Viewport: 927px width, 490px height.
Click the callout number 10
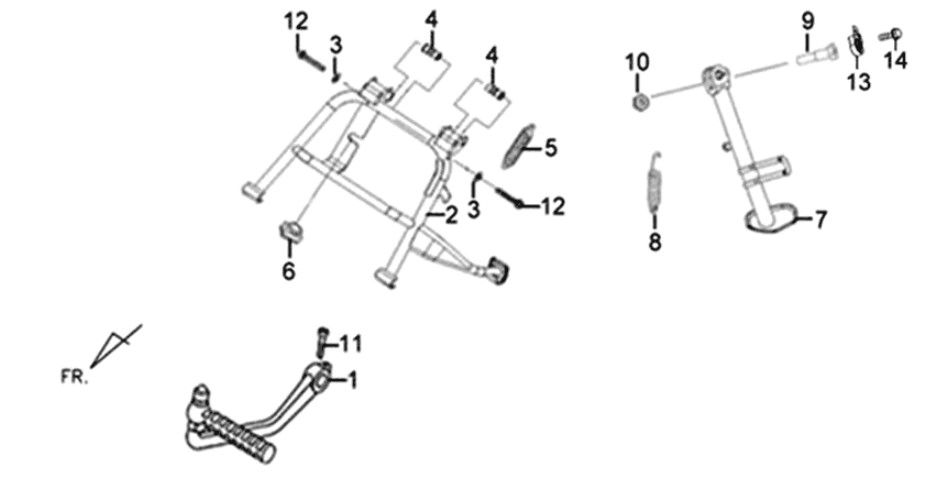[x=637, y=62]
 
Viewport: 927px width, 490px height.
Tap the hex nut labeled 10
[x=641, y=101]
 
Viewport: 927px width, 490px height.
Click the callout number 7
[x=820, y=220]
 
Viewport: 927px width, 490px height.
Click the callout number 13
[x=858, y=81]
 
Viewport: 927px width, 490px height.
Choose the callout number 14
[x=895, y=60]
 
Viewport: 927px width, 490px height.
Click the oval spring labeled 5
[x=517, y=146]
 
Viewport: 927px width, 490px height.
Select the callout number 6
[x=289, y=271]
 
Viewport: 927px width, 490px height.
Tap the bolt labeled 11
[x=322, y=342]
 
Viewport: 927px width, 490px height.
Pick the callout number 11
[x=351, y=343]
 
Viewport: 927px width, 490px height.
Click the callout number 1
[x=353, y=380]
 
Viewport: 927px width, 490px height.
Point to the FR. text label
[x=74, y=377]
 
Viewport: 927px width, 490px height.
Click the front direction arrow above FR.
[x=116, y=346]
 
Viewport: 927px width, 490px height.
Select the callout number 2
[x=451, y=215]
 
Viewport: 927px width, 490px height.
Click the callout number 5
[x=550, y=147]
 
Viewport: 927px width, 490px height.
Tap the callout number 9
[x=808, y=22]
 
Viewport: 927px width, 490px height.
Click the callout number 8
[x=655, y=242]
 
